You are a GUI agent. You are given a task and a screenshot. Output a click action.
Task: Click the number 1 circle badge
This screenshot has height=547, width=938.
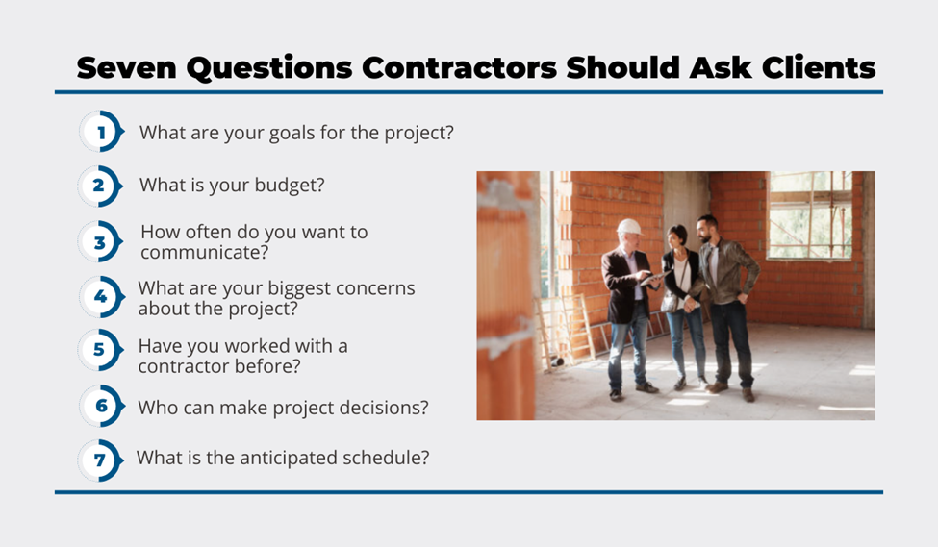101,132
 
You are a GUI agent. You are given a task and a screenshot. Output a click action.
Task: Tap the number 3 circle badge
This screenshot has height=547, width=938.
100,241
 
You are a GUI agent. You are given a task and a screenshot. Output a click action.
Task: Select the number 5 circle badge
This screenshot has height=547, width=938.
100,350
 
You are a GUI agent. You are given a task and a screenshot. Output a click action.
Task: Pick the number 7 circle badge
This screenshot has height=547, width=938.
100,460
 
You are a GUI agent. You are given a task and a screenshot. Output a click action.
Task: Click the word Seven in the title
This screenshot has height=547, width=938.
127,67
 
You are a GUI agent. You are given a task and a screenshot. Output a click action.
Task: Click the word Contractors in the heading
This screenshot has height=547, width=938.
459,67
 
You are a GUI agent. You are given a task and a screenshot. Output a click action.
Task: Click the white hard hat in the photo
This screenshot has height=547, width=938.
629,227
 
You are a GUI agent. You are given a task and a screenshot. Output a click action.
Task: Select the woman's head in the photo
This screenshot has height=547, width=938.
678,236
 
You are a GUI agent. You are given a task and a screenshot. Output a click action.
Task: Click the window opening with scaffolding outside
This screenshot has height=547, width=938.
810,215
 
